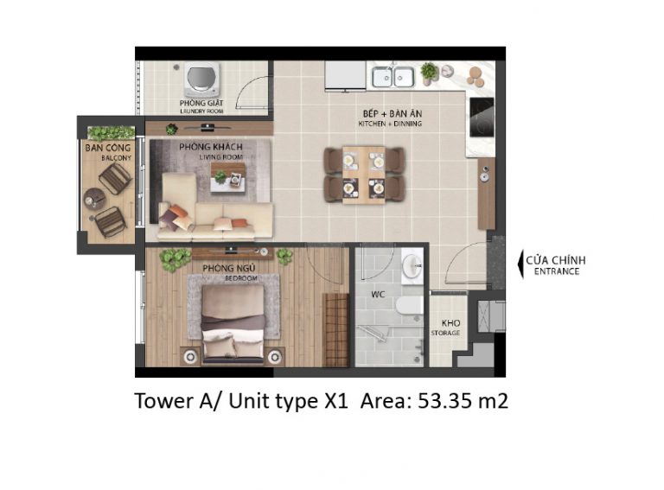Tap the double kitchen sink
pos(393,77)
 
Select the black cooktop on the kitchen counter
pos(482,118)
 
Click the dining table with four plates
pos(364,175)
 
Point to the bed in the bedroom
pos(233,325)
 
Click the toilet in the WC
pos(410,305)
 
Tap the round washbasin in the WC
pos(412,266)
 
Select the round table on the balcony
pos(95,199)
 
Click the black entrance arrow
pos(520,265)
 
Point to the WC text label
pos(378,294)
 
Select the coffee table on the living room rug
pos(228,177)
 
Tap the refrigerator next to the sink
pos(345,76)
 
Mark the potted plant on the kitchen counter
pos(429,72)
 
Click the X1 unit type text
pos(335,400)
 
